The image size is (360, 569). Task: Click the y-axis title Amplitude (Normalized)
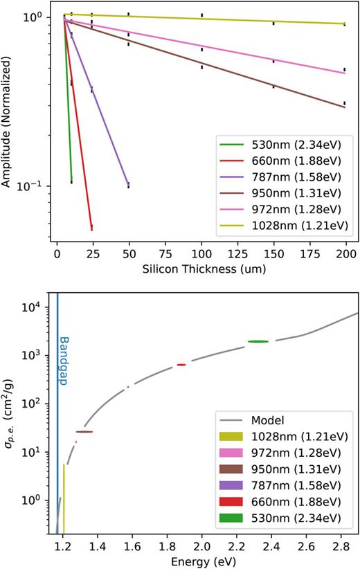(8, 122)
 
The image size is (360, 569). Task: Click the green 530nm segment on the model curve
(258, 341)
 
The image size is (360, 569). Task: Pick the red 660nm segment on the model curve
(181, 365)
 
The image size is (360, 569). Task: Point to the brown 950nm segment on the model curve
(84, 431)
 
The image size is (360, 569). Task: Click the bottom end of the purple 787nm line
(127, 185)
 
